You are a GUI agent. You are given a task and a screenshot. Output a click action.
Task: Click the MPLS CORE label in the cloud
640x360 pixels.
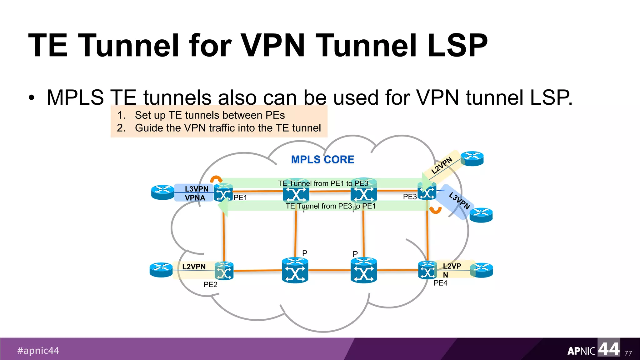[x=322, y=159]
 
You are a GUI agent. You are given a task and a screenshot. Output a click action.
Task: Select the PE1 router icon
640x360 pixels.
[x=223, y=193]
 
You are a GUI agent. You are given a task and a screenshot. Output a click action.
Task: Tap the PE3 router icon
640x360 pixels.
[x=427, y=191]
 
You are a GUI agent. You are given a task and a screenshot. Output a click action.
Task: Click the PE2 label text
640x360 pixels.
[x=210, y=284]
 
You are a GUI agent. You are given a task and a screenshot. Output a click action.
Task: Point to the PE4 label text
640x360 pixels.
[x=440, y=283]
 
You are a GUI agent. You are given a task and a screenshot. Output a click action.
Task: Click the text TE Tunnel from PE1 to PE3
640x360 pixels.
[x=323, y=183]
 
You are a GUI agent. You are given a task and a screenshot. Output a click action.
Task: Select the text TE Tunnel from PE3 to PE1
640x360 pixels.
[x=330, y=206]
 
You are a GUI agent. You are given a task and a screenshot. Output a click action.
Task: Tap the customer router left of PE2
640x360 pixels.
[x=161, y=270]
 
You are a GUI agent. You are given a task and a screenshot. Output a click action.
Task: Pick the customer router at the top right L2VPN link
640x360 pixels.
[x=472, y=158]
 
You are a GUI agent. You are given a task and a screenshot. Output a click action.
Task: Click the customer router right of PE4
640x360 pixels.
[x=482, y=270]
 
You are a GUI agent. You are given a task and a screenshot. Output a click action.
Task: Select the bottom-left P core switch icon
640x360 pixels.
[x=295, y=270]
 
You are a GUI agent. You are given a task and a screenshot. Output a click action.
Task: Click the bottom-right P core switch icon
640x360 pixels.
[x=363, y=270]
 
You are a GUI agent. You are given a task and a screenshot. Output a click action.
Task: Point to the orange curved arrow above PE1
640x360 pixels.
[x=216, y=179]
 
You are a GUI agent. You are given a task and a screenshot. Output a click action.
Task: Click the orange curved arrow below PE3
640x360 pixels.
[x=435, y=210]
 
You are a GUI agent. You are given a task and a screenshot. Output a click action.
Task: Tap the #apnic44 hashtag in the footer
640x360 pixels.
[x=38, y=350]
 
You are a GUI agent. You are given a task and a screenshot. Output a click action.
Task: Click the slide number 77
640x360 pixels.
[x=628, y=353]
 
